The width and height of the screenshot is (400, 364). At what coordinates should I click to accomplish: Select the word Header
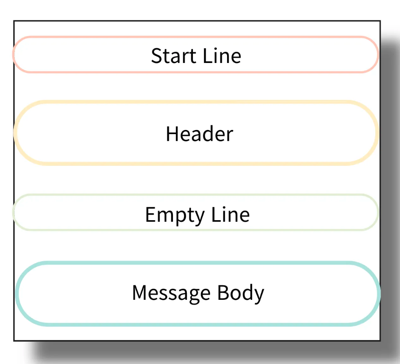[199, 134]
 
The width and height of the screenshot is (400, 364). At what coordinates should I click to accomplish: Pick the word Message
[171, 293]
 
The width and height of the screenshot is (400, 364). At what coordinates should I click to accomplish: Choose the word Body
[240, 293]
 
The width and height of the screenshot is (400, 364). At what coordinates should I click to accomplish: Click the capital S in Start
[156, 56]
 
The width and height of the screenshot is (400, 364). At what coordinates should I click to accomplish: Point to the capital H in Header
[172, 134]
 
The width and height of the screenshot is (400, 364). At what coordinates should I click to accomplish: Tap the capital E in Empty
[150, 214]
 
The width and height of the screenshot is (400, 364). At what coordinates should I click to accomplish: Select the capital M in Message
[140, 293]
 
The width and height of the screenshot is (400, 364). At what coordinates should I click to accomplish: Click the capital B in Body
[223, 293]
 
